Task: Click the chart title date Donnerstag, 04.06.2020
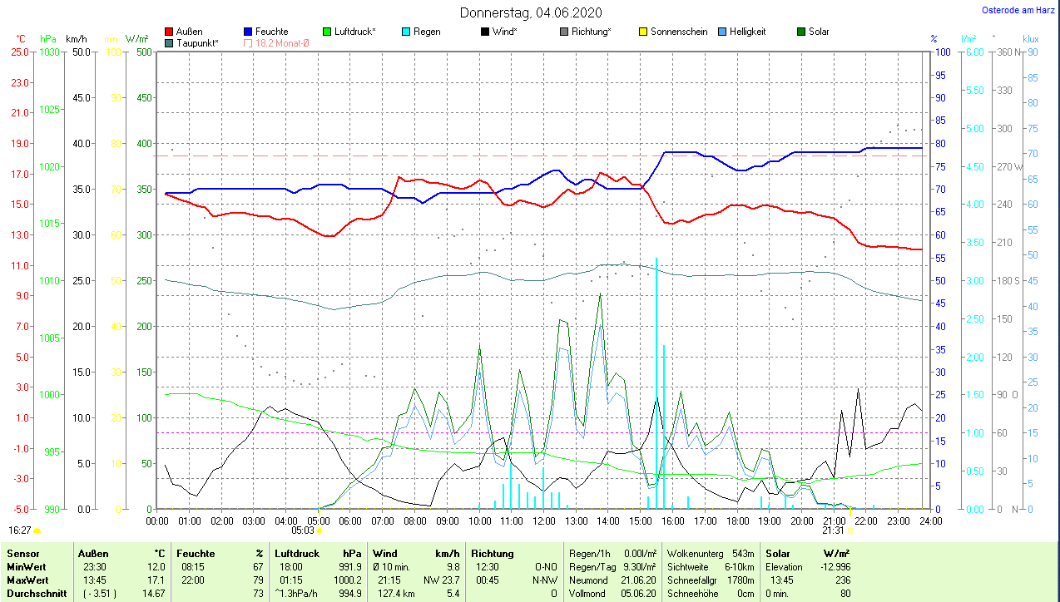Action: (531, 12)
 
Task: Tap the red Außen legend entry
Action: (189, 32)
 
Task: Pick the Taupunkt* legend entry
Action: (197, 42)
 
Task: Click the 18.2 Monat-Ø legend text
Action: (282, 42)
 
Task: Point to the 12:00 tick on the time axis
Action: (543, 521)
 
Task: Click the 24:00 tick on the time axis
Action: (929, 521)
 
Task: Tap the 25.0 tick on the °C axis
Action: (18, 52)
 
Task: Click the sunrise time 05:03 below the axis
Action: (302, 530)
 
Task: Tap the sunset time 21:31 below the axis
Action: (833, 530)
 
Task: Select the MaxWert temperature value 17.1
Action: (156, 580)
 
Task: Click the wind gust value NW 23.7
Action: (441, 580)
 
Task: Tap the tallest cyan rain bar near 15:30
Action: (656, 382)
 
